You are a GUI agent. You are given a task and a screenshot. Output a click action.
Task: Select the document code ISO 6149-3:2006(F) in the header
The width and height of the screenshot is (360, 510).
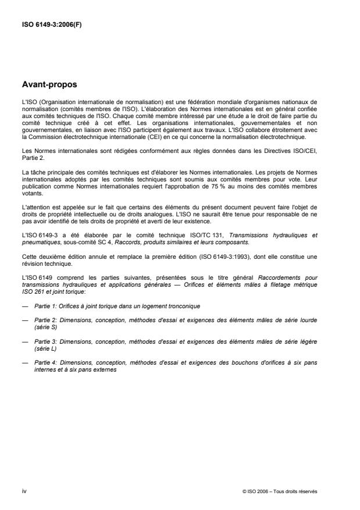49,25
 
